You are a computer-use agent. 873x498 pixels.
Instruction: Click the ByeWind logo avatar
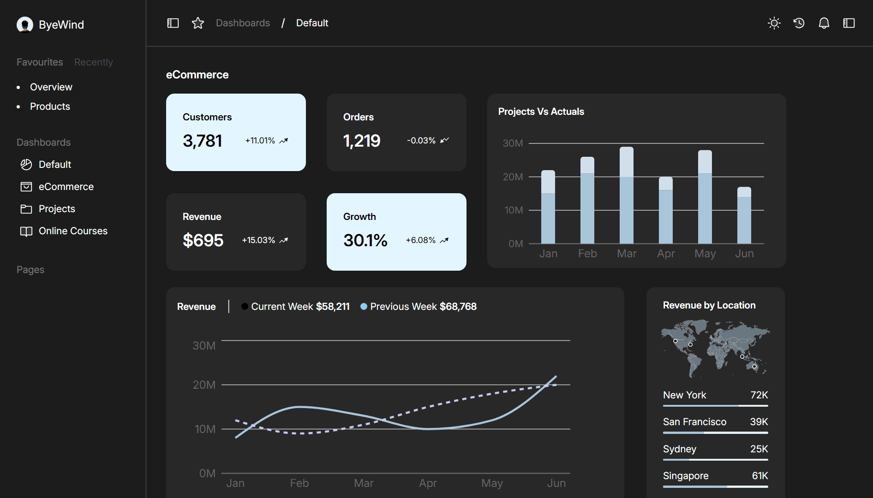pos(25,24)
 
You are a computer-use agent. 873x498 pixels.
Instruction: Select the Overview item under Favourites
pos(51,87)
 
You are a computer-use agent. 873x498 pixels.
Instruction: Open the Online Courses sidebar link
pos(73,231)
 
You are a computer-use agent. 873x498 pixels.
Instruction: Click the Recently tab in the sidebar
pos(94,62)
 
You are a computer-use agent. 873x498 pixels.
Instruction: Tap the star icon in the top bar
pos(198,23)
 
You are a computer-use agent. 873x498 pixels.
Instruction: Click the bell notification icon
pos(824,23)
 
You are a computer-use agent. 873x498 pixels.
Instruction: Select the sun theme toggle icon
pos(774,23)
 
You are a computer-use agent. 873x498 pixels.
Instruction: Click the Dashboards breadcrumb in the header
pos(243,23)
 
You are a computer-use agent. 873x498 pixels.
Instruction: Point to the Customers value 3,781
pos(203,141)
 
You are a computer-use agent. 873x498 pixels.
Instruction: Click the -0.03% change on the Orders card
pos(421,141)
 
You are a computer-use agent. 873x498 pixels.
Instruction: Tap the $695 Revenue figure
pos(203,240)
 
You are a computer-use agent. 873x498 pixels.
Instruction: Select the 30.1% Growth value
pos(365,240)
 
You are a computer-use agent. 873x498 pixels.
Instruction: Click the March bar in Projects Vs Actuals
pos(626,196)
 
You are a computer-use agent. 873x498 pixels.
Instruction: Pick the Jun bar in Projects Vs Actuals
pos(744,216)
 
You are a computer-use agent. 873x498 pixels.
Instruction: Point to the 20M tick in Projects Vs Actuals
pos(513,177)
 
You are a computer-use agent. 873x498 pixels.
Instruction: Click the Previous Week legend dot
pos(364,307)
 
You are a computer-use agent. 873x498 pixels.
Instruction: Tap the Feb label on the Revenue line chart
pos(299,483)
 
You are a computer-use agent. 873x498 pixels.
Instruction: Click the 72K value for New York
pos(759,395)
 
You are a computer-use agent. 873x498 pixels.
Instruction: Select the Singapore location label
pos(686,476)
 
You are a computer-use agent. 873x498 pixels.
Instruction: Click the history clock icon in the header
pos(799,23)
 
